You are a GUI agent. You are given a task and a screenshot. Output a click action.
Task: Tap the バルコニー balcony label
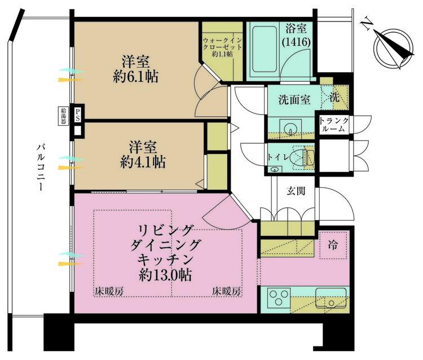tap(41, 168)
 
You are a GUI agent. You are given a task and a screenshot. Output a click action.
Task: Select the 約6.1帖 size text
tap(135, 76)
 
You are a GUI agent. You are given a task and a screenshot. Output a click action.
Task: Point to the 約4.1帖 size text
tap(143, 163)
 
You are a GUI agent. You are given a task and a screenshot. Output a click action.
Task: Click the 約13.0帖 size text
tap(165, 275)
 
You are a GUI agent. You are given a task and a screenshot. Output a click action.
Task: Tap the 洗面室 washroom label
tap(294, 100)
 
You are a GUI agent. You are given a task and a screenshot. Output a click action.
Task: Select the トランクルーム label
tap(333, 125)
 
